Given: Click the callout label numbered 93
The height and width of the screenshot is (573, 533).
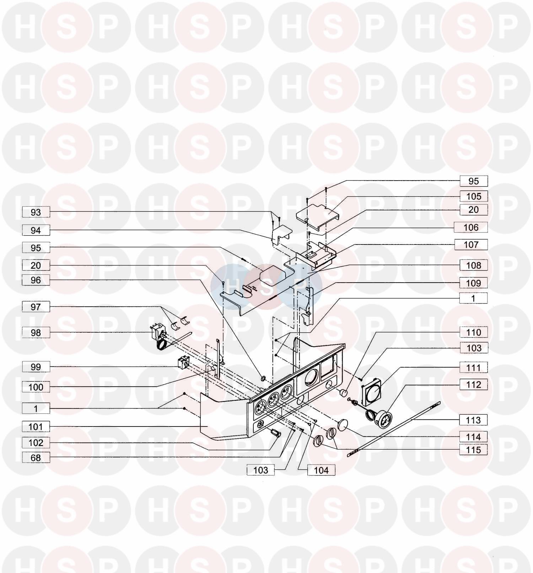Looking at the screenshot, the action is click(x=36, y=212).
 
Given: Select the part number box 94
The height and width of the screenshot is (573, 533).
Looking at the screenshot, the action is click(x=36, y=230).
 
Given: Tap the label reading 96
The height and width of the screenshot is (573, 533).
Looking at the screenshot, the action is click(x=36, y=280).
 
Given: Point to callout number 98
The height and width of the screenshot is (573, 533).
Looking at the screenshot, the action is click(x=36, y=333).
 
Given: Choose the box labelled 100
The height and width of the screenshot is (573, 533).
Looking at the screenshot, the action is click(x=36, y=387).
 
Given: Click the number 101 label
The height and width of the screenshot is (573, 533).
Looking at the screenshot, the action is click(x=36, y=426).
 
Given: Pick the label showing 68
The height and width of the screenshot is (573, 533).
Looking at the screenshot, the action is click(x=36, y=457).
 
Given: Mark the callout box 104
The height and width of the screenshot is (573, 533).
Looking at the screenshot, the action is click(x=321, y=470).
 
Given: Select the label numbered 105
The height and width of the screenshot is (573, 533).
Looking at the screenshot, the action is click(x=474, y=196).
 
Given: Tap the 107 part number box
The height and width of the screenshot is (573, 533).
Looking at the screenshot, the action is click(x=471, y=245).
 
